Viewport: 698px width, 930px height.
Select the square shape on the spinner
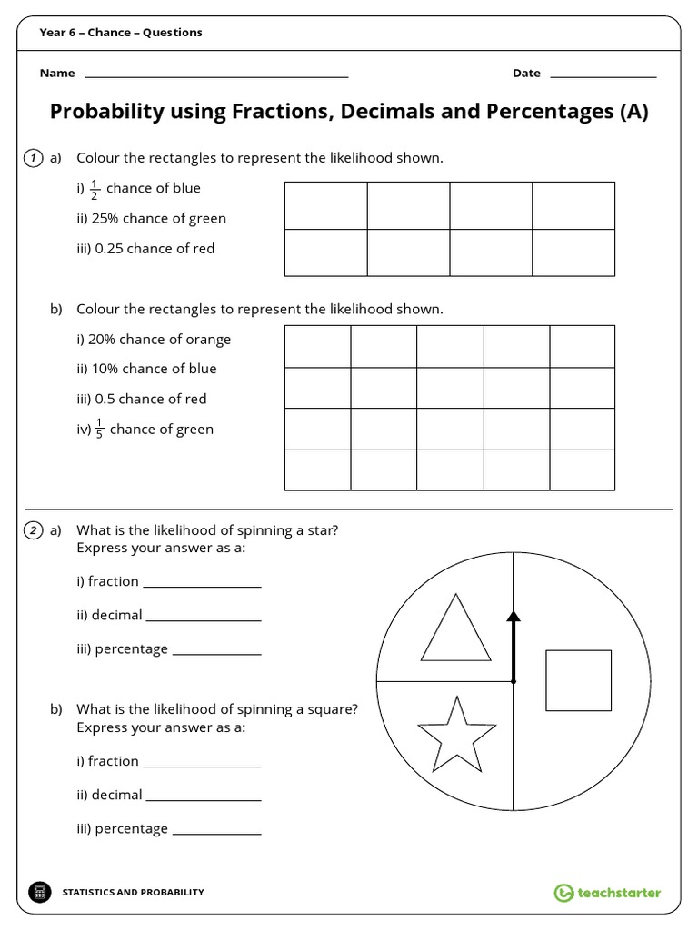pos(578,680)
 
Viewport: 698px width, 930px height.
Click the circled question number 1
pos(33,158)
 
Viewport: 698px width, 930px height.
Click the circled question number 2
pos(33,530)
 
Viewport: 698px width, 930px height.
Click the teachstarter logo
pos(607,893)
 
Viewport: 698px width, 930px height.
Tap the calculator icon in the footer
pos(39,893)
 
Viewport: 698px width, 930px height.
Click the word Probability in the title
pos(109,112)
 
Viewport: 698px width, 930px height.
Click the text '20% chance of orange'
pos(154,340)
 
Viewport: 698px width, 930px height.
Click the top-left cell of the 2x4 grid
pos(326,205)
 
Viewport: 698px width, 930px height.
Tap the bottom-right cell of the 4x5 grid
pos(582,469)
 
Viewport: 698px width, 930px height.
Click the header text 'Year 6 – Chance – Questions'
pos(121,33)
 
